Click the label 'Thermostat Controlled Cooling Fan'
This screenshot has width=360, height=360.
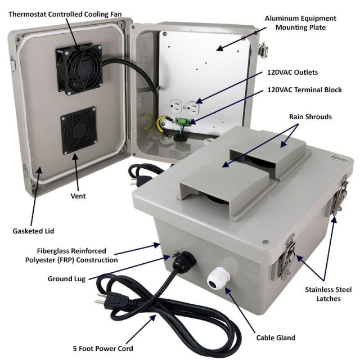tap(65, 14)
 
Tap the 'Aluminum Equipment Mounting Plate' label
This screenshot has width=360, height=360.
tap(300, 22)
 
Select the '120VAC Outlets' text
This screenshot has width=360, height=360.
tap(292, 73)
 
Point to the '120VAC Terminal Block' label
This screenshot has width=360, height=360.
tap(304, 90)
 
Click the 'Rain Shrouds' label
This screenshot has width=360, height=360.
tap(310, 117)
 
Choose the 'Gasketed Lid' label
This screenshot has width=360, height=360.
tap(33, 231)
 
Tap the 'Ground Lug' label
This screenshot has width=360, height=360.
tap(66, 279)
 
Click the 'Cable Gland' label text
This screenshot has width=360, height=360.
tap(276, 337)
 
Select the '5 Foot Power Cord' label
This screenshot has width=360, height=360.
tap(103, 349)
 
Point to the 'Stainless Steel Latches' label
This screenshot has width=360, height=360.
tap(328, 294)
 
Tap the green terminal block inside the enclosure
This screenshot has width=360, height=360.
tap(183, 121)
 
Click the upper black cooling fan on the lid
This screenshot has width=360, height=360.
tap(79, 69)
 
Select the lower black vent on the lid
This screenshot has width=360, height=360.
tap(79, 130)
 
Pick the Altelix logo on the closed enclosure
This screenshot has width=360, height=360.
tap(339, 159)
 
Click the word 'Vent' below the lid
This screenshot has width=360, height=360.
tap(78, 196)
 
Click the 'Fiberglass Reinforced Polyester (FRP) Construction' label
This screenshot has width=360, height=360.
tap(71, 255)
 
